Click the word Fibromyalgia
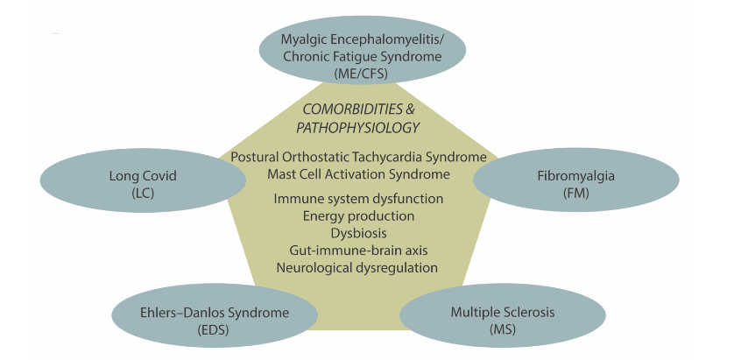pos(575,176)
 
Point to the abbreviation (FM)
pos(575,192)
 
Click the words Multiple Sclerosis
pos(503,312)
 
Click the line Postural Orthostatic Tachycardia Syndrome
pos(358,157)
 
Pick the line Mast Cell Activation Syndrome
pos(358,173)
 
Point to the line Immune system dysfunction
pos(358,199)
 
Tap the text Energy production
pos(358,215)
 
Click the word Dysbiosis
pos(358,233)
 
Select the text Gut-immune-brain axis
pos(358,251)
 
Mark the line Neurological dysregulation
pos(358,267)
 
